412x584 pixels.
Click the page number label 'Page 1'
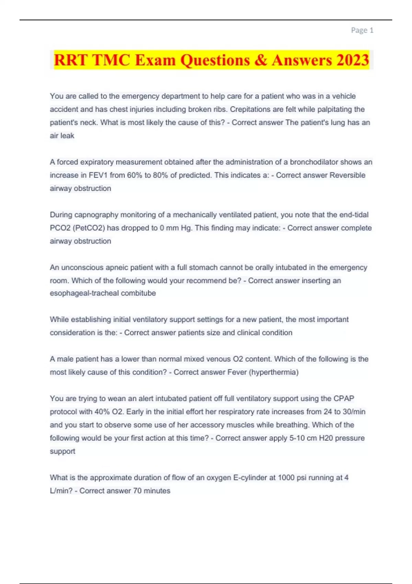(x=362, y=30)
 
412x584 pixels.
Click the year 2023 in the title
(x=353, y=60)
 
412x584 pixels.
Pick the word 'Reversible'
(x=347, y=175)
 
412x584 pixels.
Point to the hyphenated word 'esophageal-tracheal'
(x=84, y=293)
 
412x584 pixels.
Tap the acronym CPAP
(x=344, y=398)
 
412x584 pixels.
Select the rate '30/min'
(x=354, y=412)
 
